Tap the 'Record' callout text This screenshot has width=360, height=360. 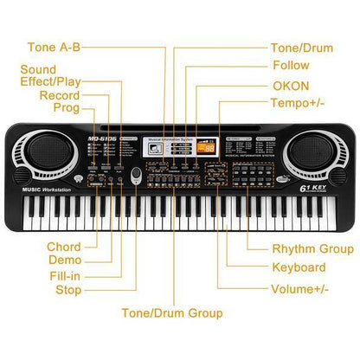pos(59,95)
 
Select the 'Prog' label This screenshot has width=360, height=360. pos(67,108)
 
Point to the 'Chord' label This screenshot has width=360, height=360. pos(64,247)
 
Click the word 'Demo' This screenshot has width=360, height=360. pos(65,260)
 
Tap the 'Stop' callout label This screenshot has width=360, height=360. pos(68,290)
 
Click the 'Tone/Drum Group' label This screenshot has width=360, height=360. pos(172,312)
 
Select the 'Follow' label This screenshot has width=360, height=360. pos(291,66)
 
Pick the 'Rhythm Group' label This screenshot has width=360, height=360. pos(312,248)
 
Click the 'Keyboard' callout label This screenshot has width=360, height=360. pos(299,268)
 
